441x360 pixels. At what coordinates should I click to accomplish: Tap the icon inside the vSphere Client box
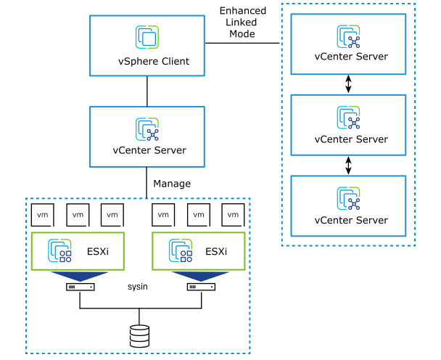click(147, 37)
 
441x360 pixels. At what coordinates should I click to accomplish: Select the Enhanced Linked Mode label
click(243, 22)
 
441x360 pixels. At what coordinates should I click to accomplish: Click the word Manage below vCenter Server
click(172, 184)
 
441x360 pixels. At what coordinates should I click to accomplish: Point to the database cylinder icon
click(139, 335)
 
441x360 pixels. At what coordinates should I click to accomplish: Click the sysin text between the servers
click(138, 287)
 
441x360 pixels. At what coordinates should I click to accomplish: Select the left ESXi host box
click(77, 250)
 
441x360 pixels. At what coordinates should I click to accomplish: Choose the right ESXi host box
click(197, 250)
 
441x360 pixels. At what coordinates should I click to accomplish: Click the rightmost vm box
click(233, 215)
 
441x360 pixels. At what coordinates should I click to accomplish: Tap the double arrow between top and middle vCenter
click(349, 84)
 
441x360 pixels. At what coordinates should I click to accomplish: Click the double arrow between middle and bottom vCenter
click(349, 165)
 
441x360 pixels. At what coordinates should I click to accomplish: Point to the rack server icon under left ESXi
click(79, 287)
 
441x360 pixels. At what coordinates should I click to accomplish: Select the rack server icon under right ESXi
click(200, 287)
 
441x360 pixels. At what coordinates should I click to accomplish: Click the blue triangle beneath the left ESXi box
click(79, 276)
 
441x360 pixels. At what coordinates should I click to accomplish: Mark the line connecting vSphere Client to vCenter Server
click(147, 91)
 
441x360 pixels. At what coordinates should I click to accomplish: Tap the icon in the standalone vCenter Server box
click(147, 129)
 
